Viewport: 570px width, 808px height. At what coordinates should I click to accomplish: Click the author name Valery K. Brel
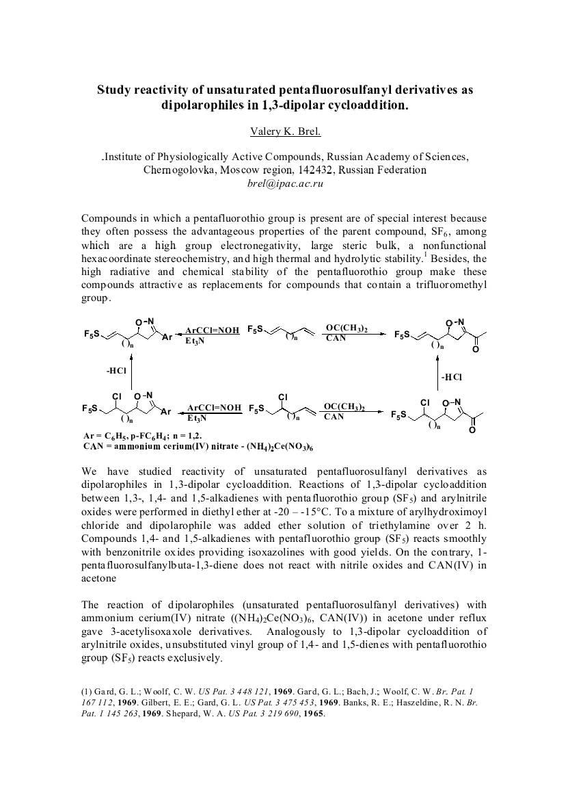click(x=284, y=131)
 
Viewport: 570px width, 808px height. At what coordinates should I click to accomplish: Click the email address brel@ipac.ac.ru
click(x=284, y=183)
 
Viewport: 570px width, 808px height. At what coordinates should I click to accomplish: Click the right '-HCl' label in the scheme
click(x=452, y=376)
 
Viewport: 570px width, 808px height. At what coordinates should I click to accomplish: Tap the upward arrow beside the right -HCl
click(x=436, y=376)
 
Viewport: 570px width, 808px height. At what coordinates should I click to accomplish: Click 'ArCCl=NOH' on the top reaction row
click(x=212, y=330)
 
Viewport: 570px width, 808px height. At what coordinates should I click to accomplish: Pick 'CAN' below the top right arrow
click(x=336, y=339)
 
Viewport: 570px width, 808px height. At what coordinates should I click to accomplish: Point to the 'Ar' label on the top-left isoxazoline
click(x=167, y=337)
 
